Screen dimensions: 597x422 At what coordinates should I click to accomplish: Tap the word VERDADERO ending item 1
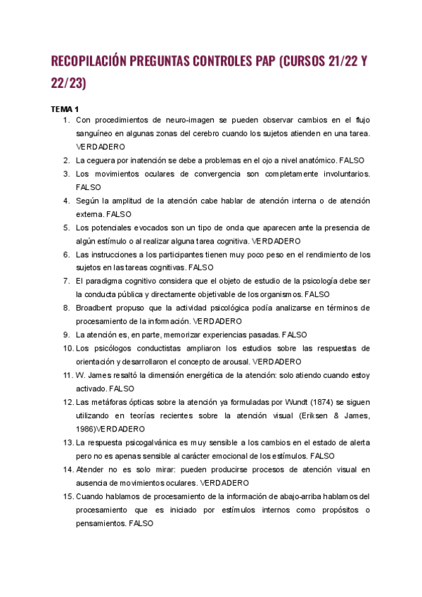tap(101, 146)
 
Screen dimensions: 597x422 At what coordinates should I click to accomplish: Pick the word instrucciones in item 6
tap(115, 254)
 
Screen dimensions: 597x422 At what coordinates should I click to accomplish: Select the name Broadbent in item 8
tap(96, 308)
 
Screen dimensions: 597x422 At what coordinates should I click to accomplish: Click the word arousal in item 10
tap(256, 361)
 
